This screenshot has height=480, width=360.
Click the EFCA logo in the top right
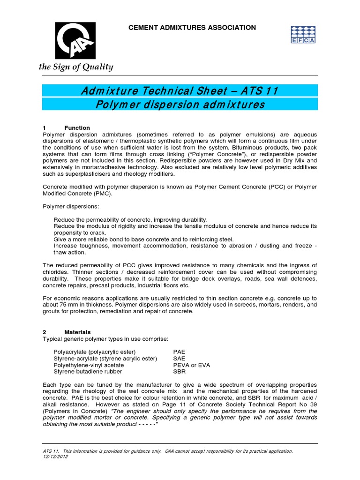303,35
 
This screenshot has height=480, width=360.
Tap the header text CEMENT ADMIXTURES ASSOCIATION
192,28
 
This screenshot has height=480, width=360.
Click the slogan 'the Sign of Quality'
76,67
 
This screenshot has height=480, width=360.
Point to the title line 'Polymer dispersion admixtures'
180,104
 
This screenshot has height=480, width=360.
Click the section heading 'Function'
77,128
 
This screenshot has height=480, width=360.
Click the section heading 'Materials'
77,332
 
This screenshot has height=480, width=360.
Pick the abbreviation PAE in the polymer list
179,352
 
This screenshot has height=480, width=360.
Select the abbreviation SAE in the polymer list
179,358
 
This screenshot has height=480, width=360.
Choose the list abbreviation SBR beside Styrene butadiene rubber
179,371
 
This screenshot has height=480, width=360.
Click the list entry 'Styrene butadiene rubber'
88,371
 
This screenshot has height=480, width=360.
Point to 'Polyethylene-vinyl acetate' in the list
89,365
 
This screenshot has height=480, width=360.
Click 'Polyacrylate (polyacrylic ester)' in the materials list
94,352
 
